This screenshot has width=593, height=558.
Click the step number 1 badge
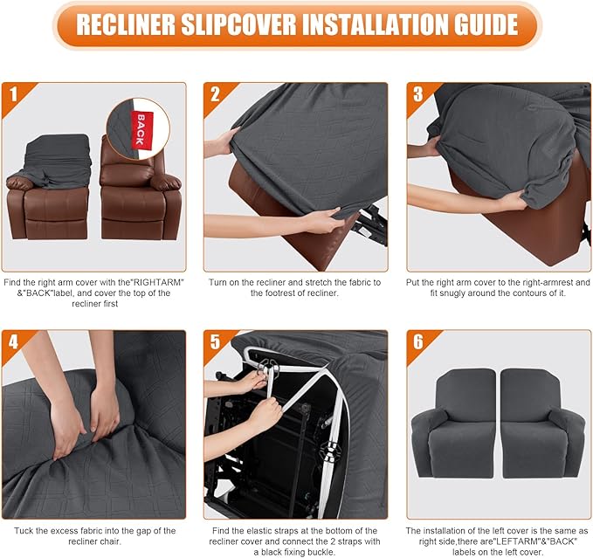[12, 93]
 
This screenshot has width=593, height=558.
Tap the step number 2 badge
[215, 93]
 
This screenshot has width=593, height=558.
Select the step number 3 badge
[417, 93]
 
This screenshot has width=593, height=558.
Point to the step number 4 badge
[12, 341]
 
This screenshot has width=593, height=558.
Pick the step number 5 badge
[215, 341]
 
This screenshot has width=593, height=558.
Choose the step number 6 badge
[417, 341]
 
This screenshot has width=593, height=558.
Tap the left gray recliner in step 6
[453, 424]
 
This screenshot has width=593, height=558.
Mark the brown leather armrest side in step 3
[524, 214]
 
